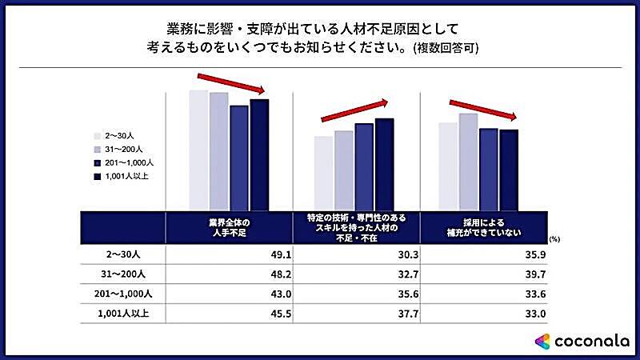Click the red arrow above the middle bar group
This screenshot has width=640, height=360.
point(354,111)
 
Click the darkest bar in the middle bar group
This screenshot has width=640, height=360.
point(385,164)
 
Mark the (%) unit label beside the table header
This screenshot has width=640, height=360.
point(555,238)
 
